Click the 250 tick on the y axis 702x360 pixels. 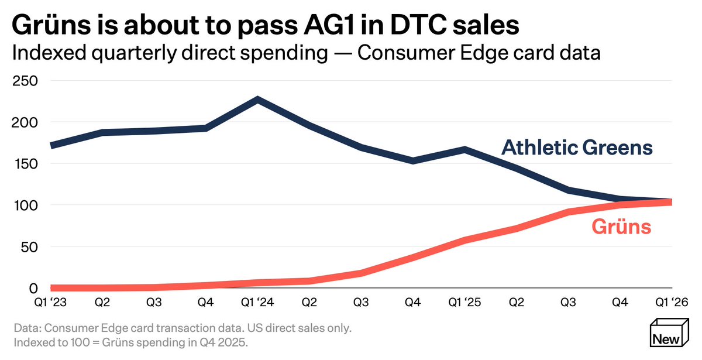[x=25, y=81]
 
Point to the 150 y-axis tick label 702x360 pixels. [x=26, y=164]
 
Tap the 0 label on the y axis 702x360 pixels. [x=33, y=288]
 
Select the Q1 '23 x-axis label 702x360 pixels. [x=50, y=302]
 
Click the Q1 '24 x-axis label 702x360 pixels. [x=257, y=302]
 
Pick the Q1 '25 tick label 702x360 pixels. [x=464, y=302]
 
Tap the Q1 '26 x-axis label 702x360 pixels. [x=672, y=302]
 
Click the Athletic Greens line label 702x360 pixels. [x=577, y=148]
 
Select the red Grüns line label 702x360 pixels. [x=621, y=227]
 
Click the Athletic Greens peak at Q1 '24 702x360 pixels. [x=257, y=100]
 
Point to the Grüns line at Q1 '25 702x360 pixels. [x=464, y=240]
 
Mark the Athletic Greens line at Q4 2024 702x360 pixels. [x=413, y=160]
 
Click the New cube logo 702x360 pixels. [x=669, y=332]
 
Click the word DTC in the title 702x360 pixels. [x=418, y=25]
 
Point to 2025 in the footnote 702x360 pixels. [x=231, y=342]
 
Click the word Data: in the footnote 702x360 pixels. [x=27, y=328]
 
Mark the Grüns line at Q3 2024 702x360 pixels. [x=361, y=273]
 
